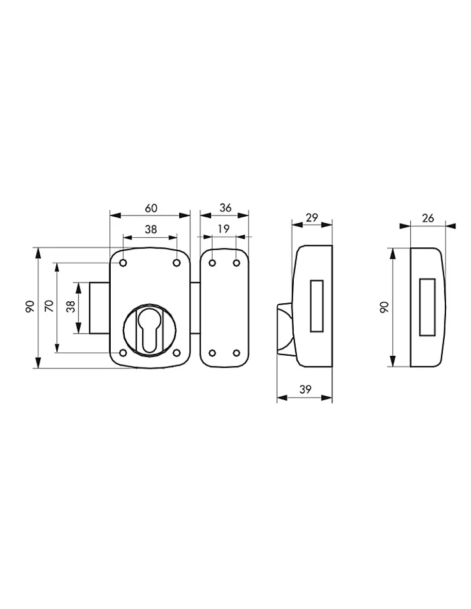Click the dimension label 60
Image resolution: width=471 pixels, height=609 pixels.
point(151,208)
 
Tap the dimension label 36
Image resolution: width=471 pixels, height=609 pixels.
point(226,208)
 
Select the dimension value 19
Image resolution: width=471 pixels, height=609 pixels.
point(224,229)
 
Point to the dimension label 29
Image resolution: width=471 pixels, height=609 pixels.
point(312,218)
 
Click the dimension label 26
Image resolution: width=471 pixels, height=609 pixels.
point(428,218)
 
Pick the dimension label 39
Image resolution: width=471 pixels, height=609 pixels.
point(305,390)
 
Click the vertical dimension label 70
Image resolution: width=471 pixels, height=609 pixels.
point(49,306)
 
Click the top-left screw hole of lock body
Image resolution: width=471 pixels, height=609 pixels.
point(123,263)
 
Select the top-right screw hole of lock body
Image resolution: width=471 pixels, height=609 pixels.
point(177,263)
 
